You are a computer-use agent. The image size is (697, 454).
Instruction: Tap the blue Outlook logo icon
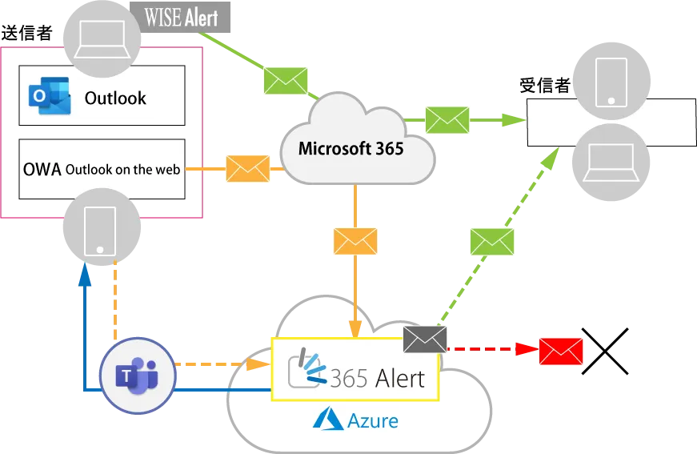[42, 96]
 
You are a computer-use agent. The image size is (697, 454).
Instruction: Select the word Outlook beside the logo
[115, 98]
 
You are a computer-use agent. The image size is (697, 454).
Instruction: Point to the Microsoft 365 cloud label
[351, 148]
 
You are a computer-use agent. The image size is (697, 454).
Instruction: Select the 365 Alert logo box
[356, 368]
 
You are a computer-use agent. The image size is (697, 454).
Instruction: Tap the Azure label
[355, 419]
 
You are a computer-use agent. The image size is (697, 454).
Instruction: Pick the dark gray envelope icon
[426, 339]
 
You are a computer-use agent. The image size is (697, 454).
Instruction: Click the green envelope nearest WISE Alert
[286, 80]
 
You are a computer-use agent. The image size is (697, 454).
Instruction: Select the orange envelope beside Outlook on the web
[248, 168]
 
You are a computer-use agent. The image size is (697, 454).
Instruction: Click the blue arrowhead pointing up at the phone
[84, 272]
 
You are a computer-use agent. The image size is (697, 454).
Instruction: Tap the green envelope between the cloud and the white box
[447, 119]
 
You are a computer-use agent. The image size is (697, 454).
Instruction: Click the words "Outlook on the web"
[126, 169]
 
